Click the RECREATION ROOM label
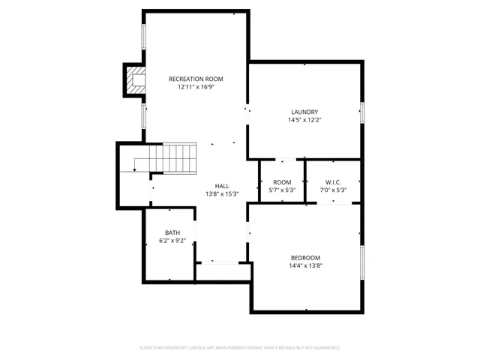coord(196,79)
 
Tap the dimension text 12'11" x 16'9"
coord(196,87)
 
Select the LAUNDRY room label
coord(304,112)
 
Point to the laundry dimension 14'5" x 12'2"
coord(304,120)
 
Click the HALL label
coord(222,186)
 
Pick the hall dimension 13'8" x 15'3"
coord(222,194)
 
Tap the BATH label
coord(172,232)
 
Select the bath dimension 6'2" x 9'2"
coord(172,241)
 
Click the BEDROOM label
coord(305,257)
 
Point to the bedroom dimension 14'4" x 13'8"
coord(305,265)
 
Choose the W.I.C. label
coord(334,182)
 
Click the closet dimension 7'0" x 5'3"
coord(334,190)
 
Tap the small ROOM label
coord(282,182)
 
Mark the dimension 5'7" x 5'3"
coord(282,190)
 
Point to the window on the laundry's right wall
coord(361,112)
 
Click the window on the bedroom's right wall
coord(361,264)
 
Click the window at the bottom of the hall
coord(221,262)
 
